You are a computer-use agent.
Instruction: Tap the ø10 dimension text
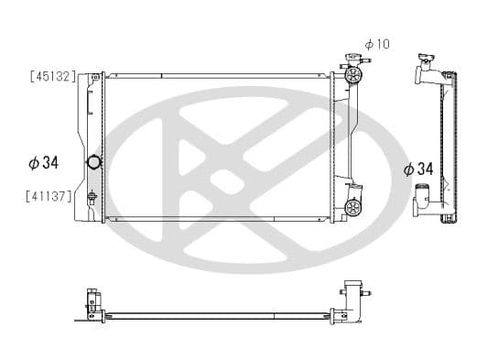tap(377, 44)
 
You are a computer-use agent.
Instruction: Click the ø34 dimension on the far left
tap(44, 163)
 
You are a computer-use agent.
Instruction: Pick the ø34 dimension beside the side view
tap(418, 169)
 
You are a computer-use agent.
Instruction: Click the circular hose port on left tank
tap(93, 163)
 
